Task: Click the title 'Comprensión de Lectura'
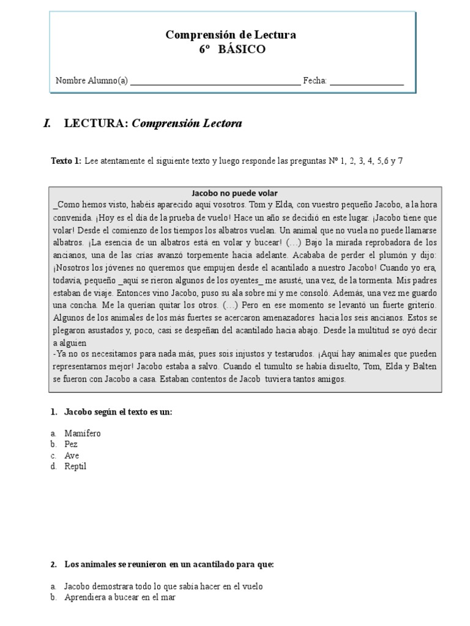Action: pyautogui.click(x=231, y=35)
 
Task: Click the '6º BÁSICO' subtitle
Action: pyautogui.click(x=232, y=50)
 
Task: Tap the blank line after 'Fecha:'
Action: pyautogui.click(x=367, y=81)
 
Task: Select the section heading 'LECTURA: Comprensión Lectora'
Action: pyautogui.click(x=153, y=123)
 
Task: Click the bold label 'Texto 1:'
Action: pyautogui.click(x=66, y=161)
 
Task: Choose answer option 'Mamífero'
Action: pyautogui.click(x=83, y=433)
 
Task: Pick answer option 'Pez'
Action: pyautogui.click(x=71, y=444)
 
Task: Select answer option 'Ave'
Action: pyautogui.click(x=72, y=455)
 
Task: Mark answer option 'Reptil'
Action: pyautogui.click(x=75, y=466)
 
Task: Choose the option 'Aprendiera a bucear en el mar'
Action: pyautogui.click(x=120, y=597)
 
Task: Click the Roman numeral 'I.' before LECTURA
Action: pyautogui.click(x=47, y=123)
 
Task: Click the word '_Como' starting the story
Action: pyautogui.click(x=66, y=205)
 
